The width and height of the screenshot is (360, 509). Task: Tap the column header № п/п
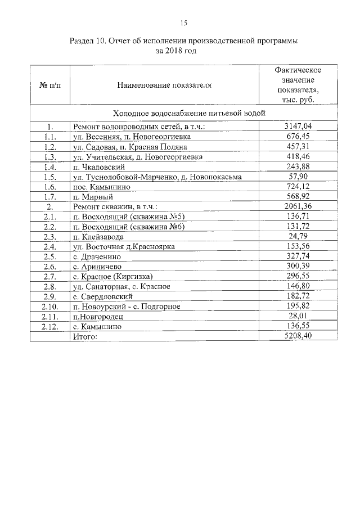coord(49,85)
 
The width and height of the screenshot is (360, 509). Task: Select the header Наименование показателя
coord(164,85)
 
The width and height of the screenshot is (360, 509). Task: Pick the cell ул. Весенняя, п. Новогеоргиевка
coord(132,137)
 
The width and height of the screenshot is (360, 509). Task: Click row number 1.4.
coord(49,167)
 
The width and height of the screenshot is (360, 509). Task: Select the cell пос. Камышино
coord(101,187)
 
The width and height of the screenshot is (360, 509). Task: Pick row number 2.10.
coord(49,307)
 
